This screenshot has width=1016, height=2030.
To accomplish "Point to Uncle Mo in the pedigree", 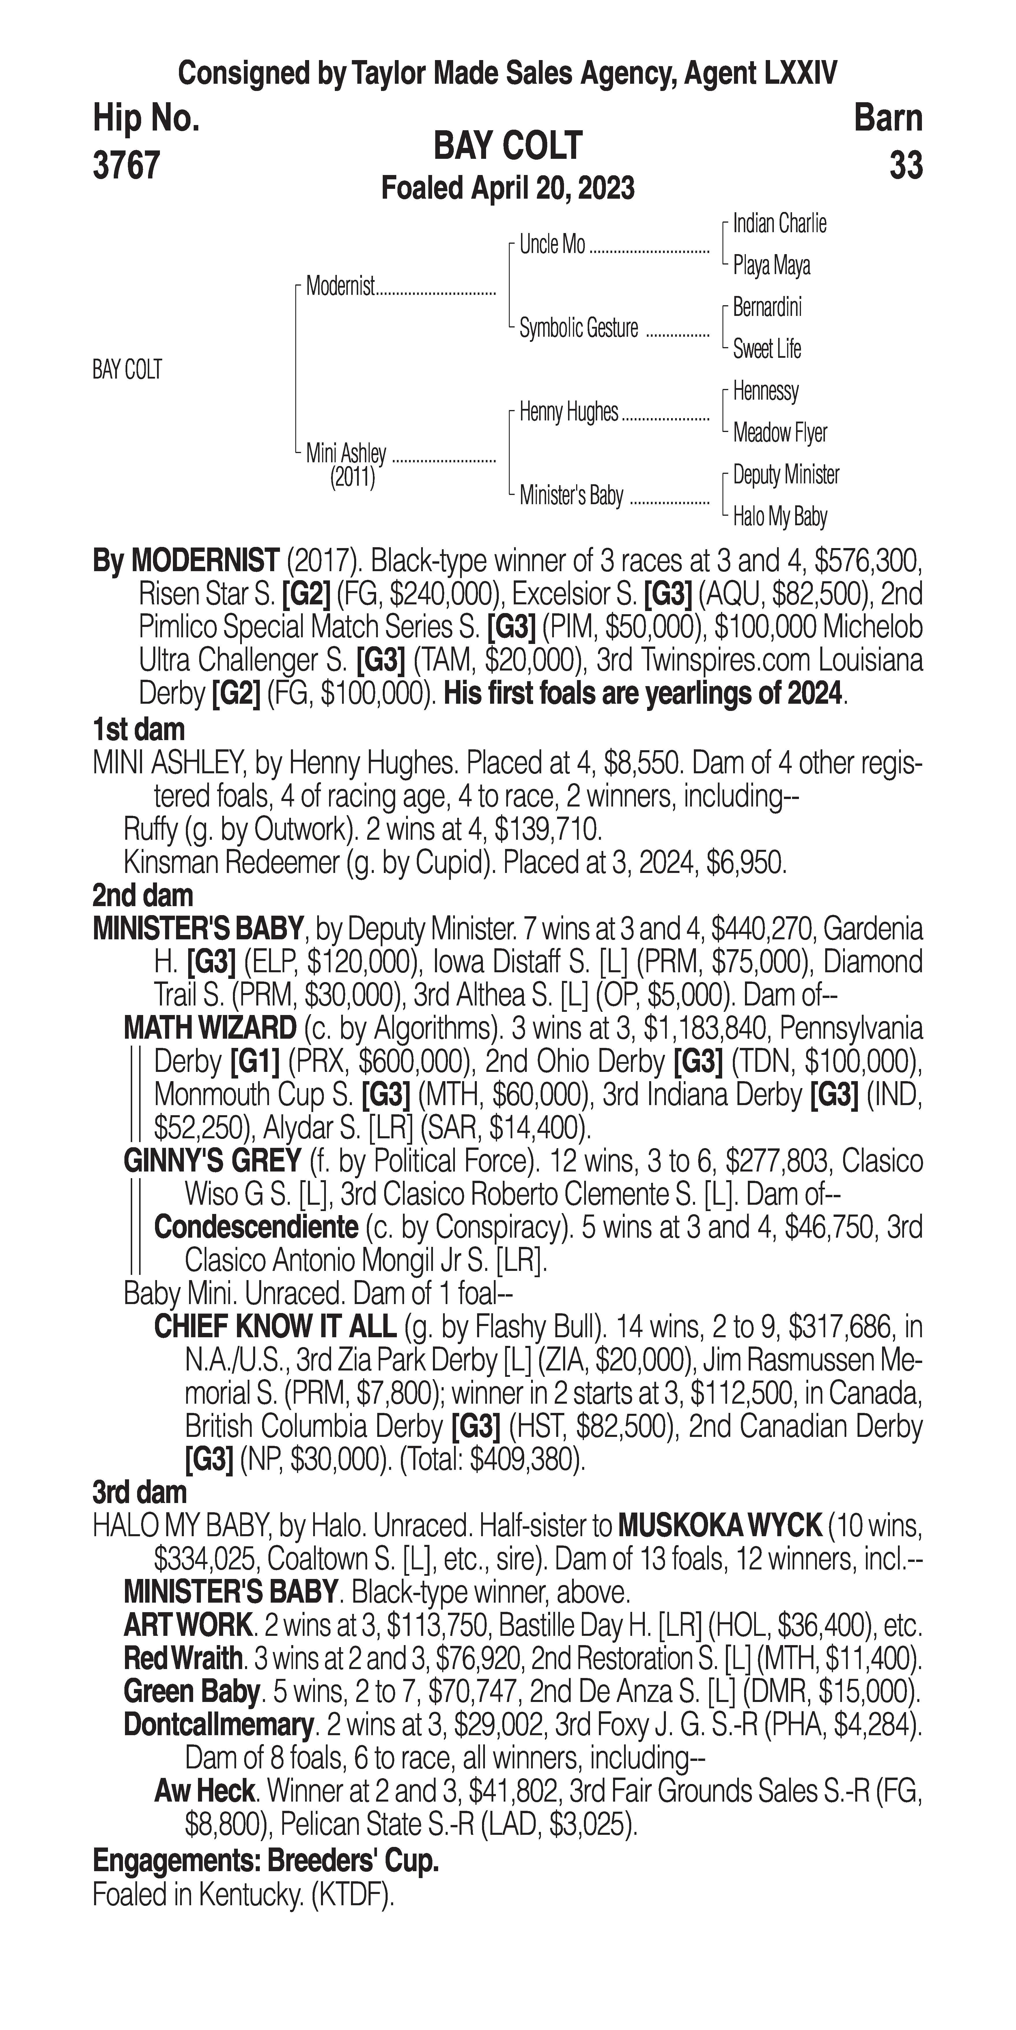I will point(552,245).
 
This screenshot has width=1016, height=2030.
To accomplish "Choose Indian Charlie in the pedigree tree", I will point(779,224).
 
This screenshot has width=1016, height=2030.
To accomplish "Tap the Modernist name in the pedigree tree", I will point(340,286).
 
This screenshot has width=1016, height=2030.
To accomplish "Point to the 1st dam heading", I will point(139,730).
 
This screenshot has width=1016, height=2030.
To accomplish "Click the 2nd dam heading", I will point(143,896).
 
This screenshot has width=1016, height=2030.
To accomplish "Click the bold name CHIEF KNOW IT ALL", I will point(275,1327).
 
